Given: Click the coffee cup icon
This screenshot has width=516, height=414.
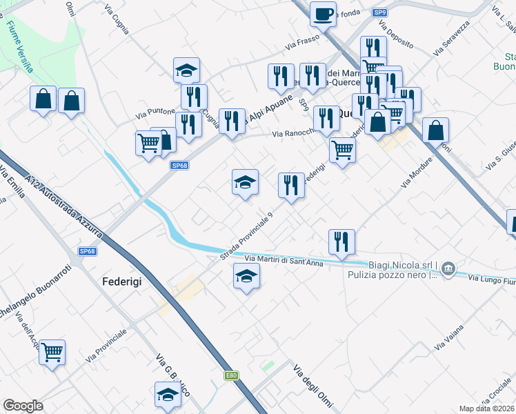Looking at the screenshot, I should pos(324,13).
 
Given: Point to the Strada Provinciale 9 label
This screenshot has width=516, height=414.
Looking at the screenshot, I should pos(247,235).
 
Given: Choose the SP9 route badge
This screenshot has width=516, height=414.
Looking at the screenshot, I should pos(379,12).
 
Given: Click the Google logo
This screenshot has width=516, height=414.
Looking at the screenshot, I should pos(23,406).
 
